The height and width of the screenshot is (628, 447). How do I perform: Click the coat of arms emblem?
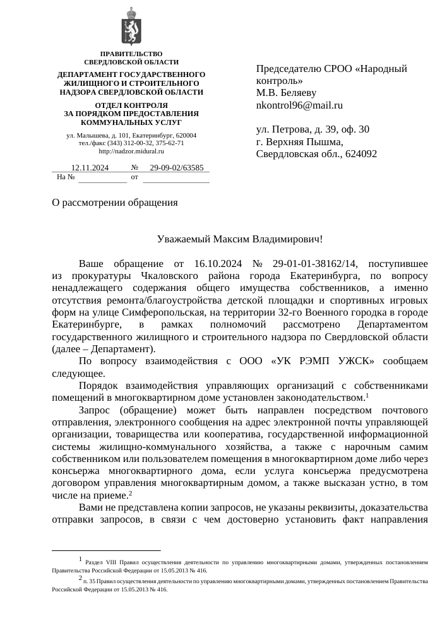tap(131, 27)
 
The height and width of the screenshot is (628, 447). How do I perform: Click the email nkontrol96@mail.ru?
tap(299, 105)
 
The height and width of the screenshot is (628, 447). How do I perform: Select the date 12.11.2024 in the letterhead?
tap(90, 168)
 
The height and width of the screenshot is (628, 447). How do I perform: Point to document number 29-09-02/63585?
tap(177, 168)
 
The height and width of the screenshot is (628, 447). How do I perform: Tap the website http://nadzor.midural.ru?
tap(131, 151)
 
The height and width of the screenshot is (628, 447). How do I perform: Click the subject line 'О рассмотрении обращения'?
tap(115, 203)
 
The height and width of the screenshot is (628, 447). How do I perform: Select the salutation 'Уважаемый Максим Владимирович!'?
tap(239, 240)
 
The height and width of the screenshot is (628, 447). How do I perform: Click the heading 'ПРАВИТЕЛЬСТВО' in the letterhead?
tap(131, 54)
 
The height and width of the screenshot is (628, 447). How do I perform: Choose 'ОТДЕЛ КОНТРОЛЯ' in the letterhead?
tap(131, 105)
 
